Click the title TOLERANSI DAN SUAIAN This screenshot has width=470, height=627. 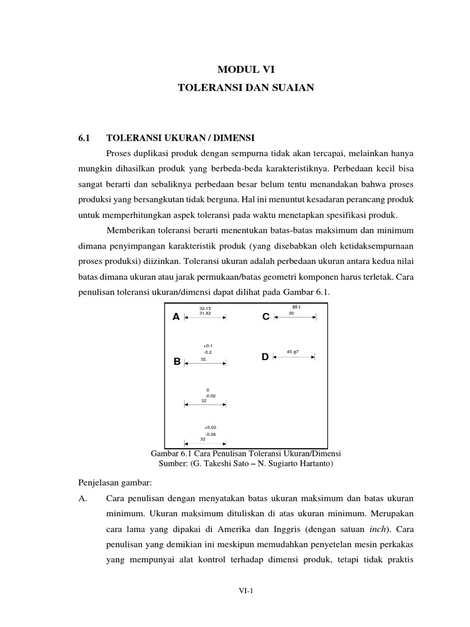(245, 88)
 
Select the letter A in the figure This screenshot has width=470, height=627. (176, 317)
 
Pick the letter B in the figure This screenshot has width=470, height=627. (177, 362)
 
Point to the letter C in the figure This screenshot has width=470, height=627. (265, 317)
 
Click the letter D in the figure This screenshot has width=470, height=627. (265, 356)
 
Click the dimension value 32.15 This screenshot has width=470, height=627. (205, 308)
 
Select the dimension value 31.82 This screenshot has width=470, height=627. (205, 313)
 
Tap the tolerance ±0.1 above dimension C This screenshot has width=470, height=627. (296, 307)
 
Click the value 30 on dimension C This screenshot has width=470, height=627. (291, 313)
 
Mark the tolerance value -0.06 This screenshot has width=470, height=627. (211, 434)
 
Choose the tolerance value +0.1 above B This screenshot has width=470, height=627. (207, 346)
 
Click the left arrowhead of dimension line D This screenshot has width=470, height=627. (275, 357)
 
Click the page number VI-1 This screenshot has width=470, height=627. (245, 590)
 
